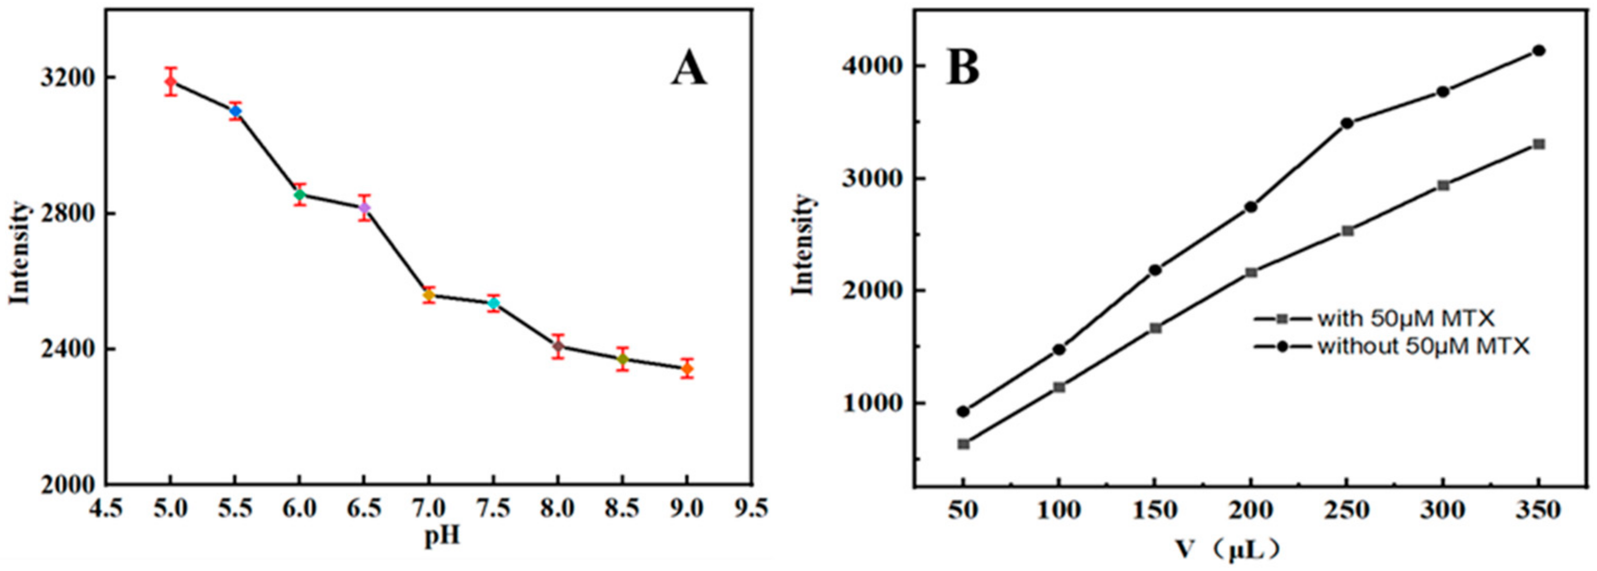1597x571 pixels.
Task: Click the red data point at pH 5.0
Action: (171, 81)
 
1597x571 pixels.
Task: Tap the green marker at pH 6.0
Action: (300, 194)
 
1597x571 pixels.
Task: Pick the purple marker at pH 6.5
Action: (364, 207)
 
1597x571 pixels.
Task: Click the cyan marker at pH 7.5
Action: (493, 303)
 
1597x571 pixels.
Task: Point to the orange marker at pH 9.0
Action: (687, 369)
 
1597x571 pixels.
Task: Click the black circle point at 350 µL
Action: (1539, 51)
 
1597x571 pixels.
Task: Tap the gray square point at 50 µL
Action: (963, 444)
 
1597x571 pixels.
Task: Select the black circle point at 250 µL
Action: (1346, 123)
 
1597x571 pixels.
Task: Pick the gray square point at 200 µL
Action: (1251, 272)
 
